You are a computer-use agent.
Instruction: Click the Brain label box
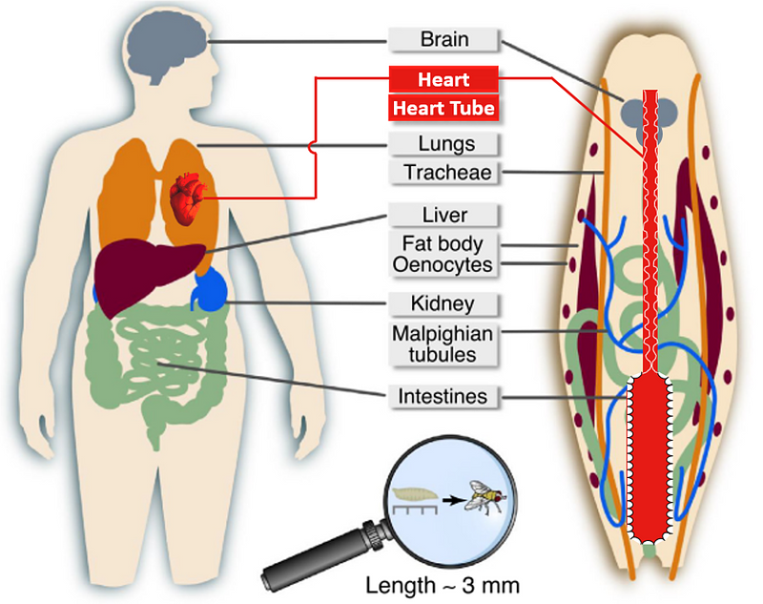click(443, 39)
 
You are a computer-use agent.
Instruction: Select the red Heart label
click(443, 79)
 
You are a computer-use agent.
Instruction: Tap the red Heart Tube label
click(443, 108)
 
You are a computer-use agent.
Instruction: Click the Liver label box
click(445, 215)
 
